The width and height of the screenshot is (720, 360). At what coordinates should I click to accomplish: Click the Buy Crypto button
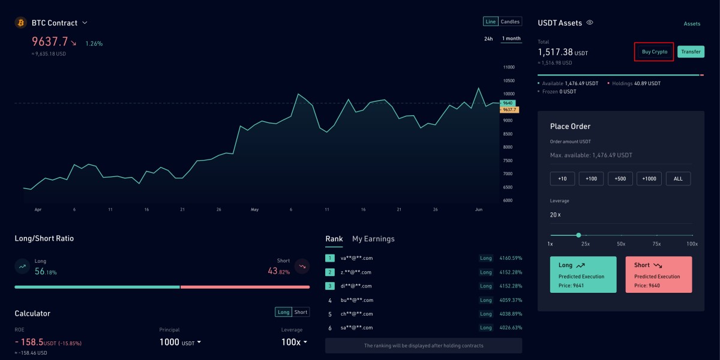pos(654,52)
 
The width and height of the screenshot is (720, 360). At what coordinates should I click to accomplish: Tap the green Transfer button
pos(691,52)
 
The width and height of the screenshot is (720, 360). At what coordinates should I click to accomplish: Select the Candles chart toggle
pos(510,22)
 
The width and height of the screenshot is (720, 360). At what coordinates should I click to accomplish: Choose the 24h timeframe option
pos(488,39)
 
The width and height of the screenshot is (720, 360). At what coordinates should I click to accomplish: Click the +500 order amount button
pos(620,179)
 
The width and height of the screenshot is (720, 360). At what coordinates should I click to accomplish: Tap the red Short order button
pos(658,275)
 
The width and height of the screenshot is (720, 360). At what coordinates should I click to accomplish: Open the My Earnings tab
pos(373,239)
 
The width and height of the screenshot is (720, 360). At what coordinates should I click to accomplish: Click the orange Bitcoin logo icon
pos(20,23)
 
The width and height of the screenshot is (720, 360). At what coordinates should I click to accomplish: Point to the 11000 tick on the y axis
pos(509,67)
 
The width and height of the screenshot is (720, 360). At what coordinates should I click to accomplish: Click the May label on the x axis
pos(254,210)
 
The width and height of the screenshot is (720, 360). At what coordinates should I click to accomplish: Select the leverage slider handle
pos(578,235)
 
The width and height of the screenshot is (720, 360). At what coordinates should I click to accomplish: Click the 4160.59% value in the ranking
pos(511,259)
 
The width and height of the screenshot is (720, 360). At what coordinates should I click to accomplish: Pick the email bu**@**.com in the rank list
pos(356,300)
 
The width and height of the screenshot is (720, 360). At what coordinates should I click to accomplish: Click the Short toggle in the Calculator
pos(301,312)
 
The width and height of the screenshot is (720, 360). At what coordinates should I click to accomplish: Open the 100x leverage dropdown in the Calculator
pos(295,342)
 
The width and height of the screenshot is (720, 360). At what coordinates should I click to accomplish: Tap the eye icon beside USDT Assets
pos(590,23)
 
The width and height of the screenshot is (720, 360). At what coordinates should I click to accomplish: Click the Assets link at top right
pos(692,24)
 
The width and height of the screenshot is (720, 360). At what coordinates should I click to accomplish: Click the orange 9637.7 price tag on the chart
pos(509,110)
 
